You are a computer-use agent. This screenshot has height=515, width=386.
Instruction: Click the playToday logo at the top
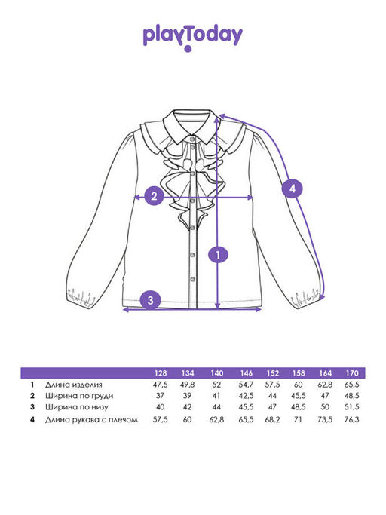click(x=193, y=37)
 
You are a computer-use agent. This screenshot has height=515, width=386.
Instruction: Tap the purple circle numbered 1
click(x=218, y=255)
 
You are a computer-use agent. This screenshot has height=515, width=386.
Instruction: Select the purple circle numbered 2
click(x=154, y=196)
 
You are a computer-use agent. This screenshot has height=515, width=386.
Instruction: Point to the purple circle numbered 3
click(x=151, y=300)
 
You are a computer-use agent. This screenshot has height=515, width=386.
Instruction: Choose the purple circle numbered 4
click(x=292, y=189)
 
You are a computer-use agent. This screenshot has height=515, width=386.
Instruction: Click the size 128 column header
click(x=161, y=373)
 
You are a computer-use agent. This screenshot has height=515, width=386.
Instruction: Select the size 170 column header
click(x=352, y=373)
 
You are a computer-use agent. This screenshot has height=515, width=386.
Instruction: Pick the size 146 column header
click(x=246, y=373)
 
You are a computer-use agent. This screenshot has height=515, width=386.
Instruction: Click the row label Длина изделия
click(x=74, y=385)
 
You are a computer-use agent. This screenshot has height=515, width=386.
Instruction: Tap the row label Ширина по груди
click(x=79, y=396)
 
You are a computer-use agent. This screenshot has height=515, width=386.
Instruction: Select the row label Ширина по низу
click(x=77, y=408)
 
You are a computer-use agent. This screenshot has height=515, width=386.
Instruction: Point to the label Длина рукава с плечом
click(x=91, y=419)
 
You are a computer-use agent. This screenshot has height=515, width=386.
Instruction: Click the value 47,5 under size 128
click(x=161, y=385)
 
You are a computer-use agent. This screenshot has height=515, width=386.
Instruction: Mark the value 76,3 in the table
click(x=352, y=419)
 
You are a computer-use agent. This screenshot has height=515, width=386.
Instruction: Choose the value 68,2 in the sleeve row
click(x=272, y=419)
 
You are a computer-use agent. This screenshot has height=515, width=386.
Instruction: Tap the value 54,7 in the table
click(x=246, y=385)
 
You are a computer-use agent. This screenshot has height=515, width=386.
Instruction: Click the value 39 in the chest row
click(x=187, y=396)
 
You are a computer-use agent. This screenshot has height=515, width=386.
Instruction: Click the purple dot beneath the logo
click(x=188, y=49)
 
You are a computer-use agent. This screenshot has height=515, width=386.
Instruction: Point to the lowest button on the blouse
click(x=193, y=279)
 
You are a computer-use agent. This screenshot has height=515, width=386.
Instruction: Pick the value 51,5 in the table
click(x=352, y=408)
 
